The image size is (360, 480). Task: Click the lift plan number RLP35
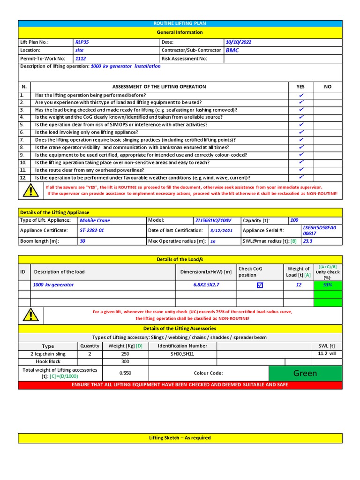tap(82, 42)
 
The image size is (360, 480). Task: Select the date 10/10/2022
tap(239, 42)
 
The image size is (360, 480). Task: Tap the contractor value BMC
tap(232, 50)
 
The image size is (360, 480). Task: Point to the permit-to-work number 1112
tap(81, 59)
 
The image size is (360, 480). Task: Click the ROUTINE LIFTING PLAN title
tap(180, 23)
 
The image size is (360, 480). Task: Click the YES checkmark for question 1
tap(301, 95)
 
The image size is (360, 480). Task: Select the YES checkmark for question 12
tap(301, 177)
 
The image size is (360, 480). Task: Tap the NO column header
tap(328, 87)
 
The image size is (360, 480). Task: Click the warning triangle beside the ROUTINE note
tap(30, 190)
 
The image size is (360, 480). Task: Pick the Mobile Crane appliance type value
tap(95, 220)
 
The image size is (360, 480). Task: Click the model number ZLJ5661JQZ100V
tap(214, 220)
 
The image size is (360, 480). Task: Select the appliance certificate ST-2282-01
tap(91, 231)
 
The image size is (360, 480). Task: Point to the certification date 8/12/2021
tap(221, 231)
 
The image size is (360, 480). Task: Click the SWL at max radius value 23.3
tap(307, 241)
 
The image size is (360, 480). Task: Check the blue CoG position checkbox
tap(260, 285)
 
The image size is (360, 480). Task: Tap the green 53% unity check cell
tap(328, 285)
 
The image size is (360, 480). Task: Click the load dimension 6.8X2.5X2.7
tap(206, 285)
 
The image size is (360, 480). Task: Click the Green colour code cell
tap(305, 373)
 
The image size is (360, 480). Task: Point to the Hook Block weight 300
tap(125, 362)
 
